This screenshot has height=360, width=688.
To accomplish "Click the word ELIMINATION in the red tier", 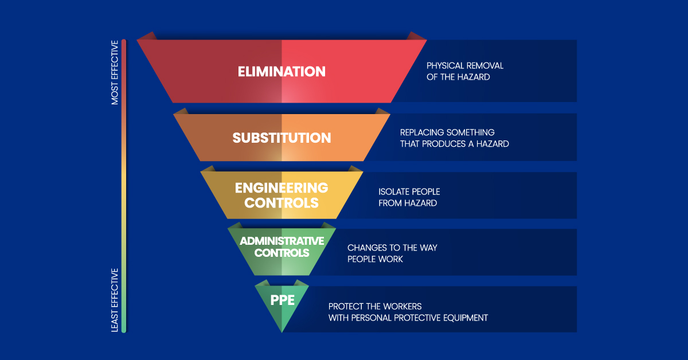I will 282,72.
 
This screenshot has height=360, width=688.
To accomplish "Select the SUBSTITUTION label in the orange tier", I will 282,138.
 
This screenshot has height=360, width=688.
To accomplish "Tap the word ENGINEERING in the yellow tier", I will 282,188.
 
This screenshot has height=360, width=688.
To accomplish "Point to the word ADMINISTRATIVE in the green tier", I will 282,241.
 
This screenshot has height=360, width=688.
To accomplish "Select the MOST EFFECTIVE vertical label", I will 115,72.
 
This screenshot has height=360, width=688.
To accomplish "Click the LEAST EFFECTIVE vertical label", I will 115,300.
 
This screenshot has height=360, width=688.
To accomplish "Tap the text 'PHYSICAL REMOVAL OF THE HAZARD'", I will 465,72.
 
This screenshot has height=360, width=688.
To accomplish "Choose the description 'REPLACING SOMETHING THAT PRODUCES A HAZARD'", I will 454,138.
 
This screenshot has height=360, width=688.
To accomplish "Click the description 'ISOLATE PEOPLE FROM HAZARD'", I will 409,197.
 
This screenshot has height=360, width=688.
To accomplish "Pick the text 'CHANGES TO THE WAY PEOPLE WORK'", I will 392,253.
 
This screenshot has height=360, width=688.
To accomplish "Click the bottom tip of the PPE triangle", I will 282,331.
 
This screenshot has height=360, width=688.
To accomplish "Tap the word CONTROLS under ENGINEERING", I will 282,203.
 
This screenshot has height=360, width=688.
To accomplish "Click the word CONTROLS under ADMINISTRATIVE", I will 282,253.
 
